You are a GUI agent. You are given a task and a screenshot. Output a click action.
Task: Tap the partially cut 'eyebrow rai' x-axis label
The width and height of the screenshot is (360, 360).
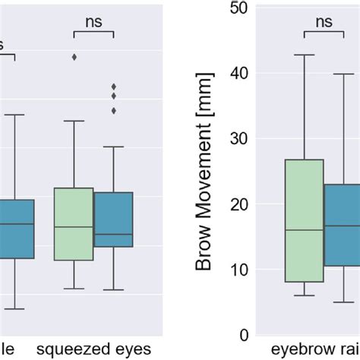coord(320,351)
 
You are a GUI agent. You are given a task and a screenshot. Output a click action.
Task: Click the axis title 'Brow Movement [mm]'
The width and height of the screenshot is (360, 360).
coord(204,171)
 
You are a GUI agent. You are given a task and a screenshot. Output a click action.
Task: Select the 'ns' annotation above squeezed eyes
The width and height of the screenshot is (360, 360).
coord(93,24)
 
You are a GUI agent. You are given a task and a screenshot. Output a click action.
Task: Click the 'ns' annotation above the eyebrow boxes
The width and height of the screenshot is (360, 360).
coord(324,24)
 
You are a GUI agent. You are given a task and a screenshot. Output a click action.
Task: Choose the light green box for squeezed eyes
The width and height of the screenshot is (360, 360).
coord(74,224)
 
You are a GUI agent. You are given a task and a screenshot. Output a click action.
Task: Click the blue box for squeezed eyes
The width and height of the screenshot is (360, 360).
coord(113,219)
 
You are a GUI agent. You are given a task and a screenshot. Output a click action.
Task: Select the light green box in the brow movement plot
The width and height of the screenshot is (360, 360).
coord(304,220)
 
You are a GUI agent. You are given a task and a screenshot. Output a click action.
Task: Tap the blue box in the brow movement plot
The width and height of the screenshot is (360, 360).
coord(343,225)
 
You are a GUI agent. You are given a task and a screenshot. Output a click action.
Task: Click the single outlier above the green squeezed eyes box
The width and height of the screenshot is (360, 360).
coord(74,57)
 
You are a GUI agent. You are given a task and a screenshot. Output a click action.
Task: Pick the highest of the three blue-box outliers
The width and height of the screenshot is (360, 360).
coord(114,86)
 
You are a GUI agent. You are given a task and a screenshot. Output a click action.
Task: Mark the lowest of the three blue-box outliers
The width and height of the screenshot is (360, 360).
coord(114,111)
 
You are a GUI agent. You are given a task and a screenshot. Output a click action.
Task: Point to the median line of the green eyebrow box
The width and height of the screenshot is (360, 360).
coord(304,229)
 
